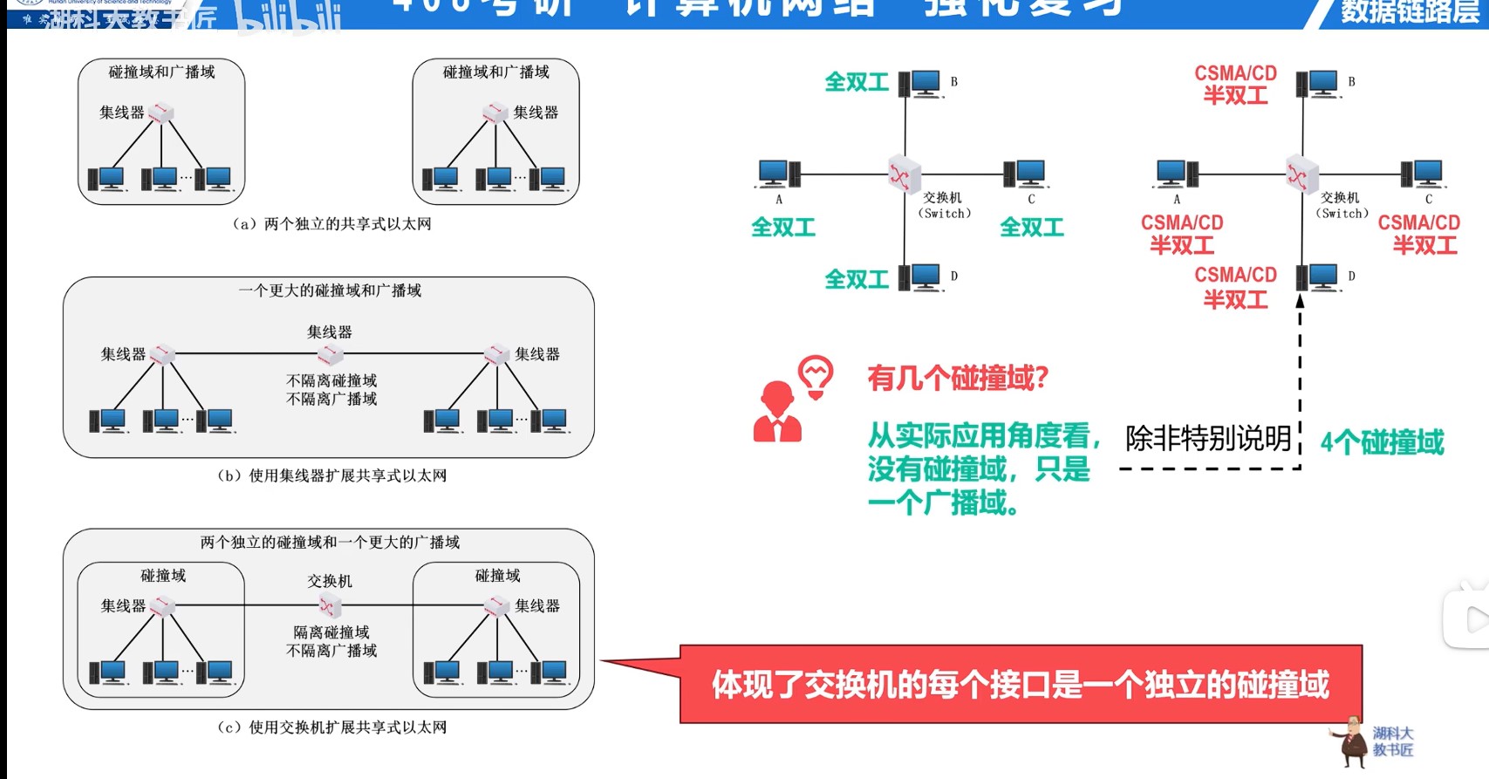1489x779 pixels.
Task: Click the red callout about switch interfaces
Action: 1021,685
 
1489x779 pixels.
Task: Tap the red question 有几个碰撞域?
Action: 957,379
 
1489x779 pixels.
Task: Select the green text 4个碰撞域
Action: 1382,442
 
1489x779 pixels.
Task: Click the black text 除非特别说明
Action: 1208,438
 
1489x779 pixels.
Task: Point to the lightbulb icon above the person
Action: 816,376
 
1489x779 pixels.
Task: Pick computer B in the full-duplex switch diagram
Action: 920,84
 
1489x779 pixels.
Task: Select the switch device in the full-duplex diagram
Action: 904,174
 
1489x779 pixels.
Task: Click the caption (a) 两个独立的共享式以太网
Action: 332,224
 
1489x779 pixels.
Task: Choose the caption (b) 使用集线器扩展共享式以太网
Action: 332,475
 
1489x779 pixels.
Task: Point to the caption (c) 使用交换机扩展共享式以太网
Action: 332,727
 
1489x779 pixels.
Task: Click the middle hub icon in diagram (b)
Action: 330,354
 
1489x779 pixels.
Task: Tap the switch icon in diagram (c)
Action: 329,605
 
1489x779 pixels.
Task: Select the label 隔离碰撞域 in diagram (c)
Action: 331,632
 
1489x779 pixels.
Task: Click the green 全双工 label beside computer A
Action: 783,228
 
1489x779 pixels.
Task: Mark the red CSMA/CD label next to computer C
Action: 1418,223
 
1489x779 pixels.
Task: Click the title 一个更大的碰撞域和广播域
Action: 330,290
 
